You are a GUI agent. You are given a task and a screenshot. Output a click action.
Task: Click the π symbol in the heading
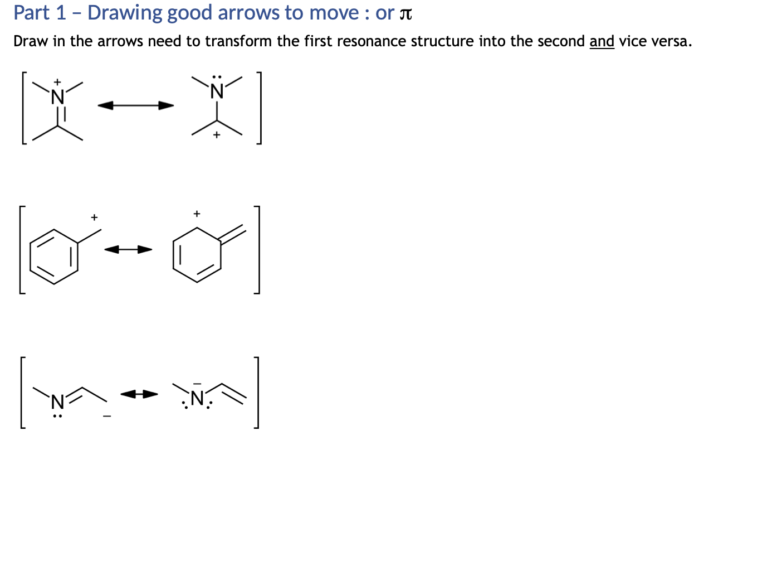(x=405, y=14)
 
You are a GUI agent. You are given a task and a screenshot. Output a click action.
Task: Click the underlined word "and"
(x=602, y=41)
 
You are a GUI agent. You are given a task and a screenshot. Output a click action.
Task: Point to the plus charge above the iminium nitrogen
(x=57, y=82)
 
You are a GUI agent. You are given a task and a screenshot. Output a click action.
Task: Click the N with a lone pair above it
(x=217, y=91)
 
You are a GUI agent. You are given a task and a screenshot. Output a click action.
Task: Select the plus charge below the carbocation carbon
(x=217, y=135)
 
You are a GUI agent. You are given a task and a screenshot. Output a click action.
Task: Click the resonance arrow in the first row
(x=136, y=105)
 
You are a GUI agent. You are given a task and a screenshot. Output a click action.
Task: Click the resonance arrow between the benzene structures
(x=128, y=249)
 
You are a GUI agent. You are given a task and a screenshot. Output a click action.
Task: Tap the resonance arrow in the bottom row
(x=139, y=394)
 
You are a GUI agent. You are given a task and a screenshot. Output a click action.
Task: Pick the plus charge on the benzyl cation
(x=94, y=217)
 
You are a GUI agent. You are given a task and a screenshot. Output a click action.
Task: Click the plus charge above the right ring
(x=197, y=214)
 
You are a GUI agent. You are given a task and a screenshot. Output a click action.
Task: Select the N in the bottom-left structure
(x=57, y=401)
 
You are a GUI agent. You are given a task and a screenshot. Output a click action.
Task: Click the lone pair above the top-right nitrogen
(x=217, y=77)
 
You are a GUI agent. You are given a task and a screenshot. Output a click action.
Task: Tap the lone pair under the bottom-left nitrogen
(x=57, y=415)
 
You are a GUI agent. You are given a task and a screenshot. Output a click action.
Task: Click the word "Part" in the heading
(x=31, y=13)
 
